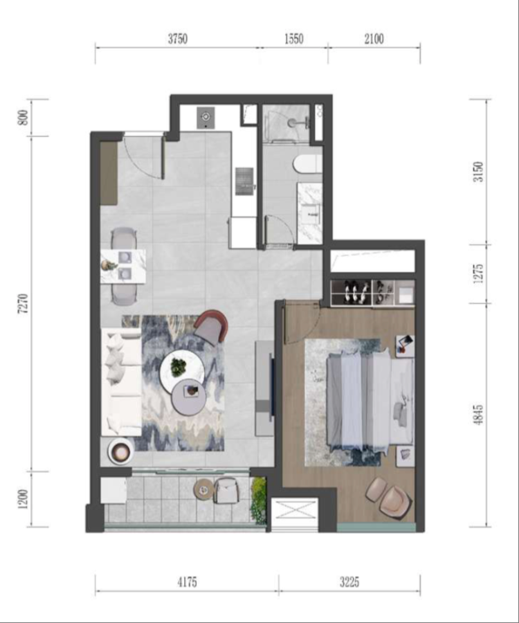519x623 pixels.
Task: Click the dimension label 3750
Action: [178, 39]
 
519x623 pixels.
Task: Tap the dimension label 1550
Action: [293, 39]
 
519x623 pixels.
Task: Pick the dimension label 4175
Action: [186, 582]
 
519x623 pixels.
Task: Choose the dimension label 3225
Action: [349, 582]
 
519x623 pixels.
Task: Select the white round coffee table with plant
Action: [181, 369]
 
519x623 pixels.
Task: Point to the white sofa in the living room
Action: [122, 381]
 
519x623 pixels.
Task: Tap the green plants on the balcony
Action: [259, 500]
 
